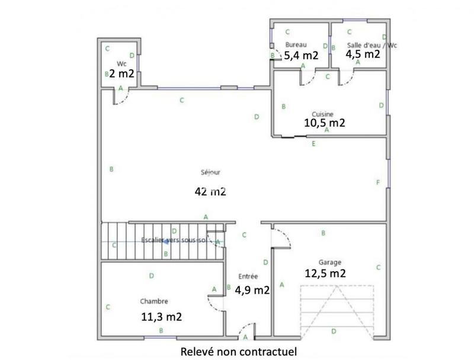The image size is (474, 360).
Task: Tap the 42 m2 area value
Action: point(210,191)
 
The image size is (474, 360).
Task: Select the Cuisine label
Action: point(323,114)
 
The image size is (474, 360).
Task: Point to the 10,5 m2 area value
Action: point(324,123)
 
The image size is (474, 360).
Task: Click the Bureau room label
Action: point(295,45)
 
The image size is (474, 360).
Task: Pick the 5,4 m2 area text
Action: point(302,56)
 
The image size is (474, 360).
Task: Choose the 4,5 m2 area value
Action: point(363,54)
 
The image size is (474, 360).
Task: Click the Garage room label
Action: point(330,262)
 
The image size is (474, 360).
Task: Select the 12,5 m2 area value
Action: point(325,273)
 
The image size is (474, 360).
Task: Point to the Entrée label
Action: point(248,277)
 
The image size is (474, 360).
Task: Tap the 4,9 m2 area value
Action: point(252,290)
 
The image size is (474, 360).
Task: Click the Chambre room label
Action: point(154,300)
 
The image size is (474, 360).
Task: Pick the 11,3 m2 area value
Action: point(161,316)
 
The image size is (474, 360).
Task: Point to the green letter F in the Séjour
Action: point(377,182)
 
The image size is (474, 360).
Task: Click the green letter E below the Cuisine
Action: point(313,144)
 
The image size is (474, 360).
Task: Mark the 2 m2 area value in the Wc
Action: point(121,74)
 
